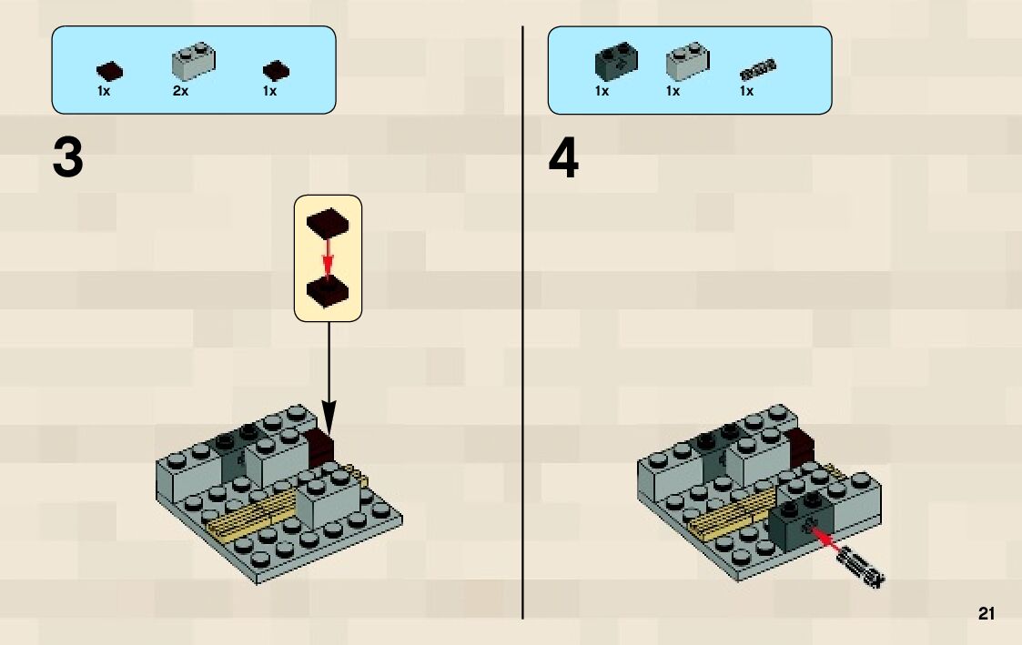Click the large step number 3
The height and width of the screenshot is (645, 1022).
coord(68,157)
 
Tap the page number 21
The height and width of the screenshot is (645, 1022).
coord(987,614)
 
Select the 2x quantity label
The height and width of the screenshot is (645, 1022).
coord(180,91)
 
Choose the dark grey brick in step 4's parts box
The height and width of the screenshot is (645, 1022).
coord(616,61)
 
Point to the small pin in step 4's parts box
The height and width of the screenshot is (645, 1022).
coord(755,66)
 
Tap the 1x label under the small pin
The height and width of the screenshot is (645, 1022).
coord(746,91)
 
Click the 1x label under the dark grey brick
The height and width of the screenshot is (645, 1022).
coord(602,91)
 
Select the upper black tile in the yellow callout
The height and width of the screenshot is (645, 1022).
coord(328,222)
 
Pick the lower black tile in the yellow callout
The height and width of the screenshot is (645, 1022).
coord(328,291)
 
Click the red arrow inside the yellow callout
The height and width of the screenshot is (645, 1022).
coord(328,257)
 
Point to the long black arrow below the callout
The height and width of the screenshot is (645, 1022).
coord(328,373)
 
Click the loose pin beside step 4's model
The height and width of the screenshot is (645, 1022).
coord(862,566)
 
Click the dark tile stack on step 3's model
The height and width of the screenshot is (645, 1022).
coord(322,448)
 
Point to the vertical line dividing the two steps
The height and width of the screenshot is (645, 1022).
coord(523,364)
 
